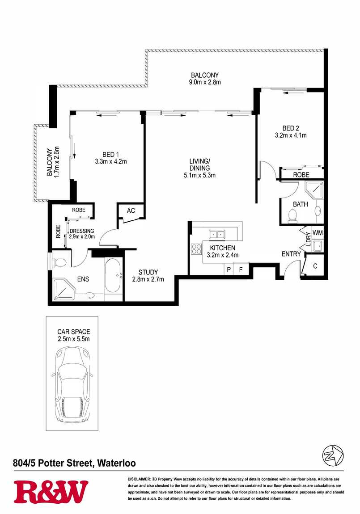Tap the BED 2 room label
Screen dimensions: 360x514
pos(291,128)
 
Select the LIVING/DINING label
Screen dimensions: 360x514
pos(199,164)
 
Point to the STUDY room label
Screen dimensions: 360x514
pos(148,272)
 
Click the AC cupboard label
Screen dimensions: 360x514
pos(131,211)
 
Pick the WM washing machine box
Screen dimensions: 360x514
pos(318,233)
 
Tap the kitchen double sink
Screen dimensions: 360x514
pos(217,234)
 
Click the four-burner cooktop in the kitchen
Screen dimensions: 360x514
pos(196,249)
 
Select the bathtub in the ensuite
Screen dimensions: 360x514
pos(112,276)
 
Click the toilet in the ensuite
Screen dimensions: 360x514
pos(59,262)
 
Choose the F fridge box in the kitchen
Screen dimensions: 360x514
pos(241,269)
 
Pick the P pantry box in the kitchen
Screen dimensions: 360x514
pos(229,269)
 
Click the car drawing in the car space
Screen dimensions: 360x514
pos(72,385)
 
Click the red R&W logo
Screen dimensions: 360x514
pos(51,492)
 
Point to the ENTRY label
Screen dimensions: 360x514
pos(291,254)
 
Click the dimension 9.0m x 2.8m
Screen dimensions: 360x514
pos(204,82)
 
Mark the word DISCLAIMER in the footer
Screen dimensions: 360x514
pos(139,479)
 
